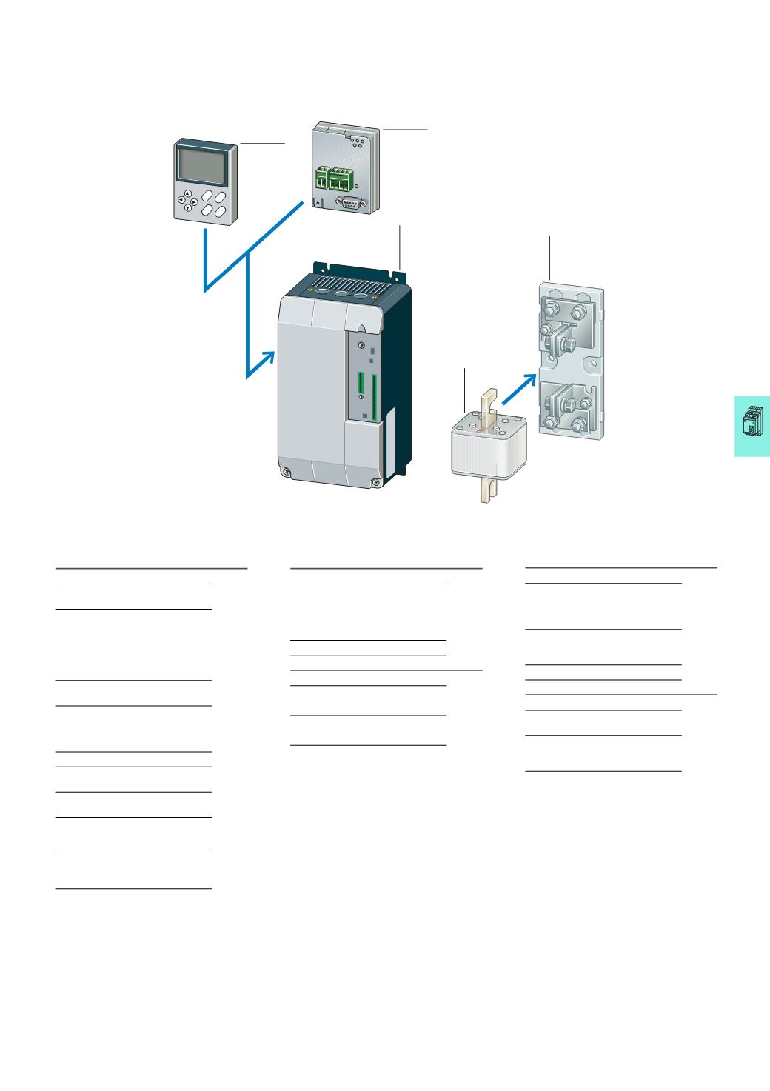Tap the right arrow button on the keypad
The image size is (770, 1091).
click(x=194, y=201)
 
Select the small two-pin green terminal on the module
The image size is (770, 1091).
click(x=321, y=179)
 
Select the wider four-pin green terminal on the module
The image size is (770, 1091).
click(x=340, y=179)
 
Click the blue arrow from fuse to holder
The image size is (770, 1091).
click(x=519, y=388)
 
